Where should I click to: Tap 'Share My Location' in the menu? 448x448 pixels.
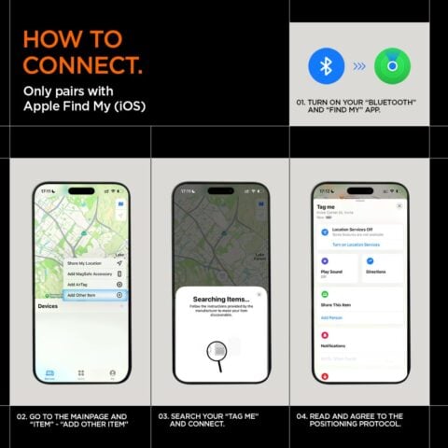coord(87,264)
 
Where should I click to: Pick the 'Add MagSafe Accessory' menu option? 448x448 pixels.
coord(90,273)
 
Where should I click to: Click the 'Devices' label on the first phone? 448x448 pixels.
coord(48,306)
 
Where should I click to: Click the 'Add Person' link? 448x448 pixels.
coord(331,317)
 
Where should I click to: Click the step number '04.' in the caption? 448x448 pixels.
coord(302,416)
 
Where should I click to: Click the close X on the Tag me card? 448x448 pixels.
coord(399,205)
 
